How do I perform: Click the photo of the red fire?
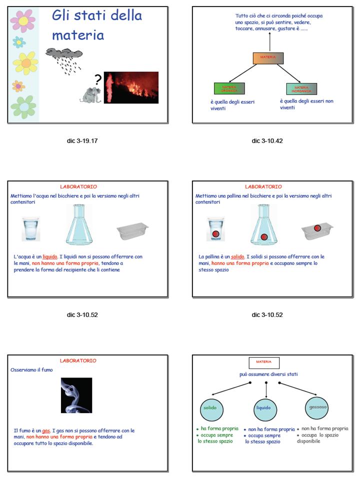131,87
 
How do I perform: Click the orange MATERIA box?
268,58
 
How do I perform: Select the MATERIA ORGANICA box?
228,88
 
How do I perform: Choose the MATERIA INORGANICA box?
301,88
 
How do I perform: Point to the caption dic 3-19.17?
82,141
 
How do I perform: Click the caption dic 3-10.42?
267,141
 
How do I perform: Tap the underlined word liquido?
50,257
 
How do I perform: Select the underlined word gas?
46,430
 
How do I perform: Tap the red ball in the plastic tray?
317,228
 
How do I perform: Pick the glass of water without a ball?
31,229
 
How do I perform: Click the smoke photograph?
76,395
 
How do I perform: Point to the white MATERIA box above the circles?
263,362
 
